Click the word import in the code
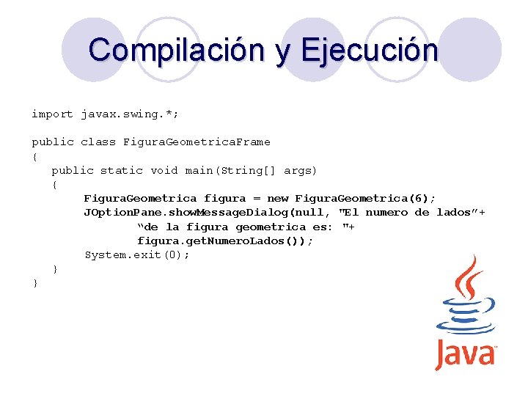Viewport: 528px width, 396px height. click(52, 114)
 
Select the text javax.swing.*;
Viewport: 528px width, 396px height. click(130, 114)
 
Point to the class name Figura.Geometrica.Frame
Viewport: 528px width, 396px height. click(197, 142)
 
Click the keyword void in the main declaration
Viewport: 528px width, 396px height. click(164, 170)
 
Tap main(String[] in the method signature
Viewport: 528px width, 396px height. click(231, 170)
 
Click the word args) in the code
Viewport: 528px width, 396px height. click(301, 170)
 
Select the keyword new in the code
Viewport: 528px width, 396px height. click(278, 198)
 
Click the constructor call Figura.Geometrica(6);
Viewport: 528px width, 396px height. click(365, 198)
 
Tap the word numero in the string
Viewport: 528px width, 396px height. click(386, 212)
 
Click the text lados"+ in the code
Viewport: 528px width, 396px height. click(461, 212)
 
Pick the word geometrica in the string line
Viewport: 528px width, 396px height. click(271, 227)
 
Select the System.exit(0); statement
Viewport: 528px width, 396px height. click(137, 254)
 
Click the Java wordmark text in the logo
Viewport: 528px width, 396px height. click(466, 354)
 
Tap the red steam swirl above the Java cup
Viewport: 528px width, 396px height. click(467, 279)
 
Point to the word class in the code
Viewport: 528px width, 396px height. click(98, 142)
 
